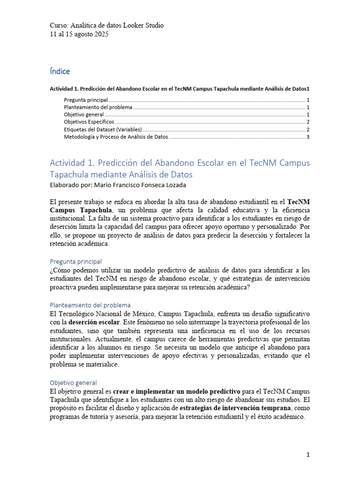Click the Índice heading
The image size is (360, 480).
coord(60,71)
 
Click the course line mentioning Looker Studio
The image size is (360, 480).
coord(106,25)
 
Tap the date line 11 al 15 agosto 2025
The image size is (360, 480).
coord(79,34)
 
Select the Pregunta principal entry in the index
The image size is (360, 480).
coord(86,100)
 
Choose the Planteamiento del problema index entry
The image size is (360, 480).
coord(98,107)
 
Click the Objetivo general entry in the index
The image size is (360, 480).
coord(83,115)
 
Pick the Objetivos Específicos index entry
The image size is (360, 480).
coord(89,122)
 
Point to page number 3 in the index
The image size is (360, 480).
coord(307,137)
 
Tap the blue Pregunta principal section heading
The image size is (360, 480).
coord(75,262)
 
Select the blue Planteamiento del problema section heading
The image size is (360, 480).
coord(90,305)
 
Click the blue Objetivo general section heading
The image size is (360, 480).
coord(73,382)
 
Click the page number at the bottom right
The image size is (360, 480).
coord(308,455)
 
